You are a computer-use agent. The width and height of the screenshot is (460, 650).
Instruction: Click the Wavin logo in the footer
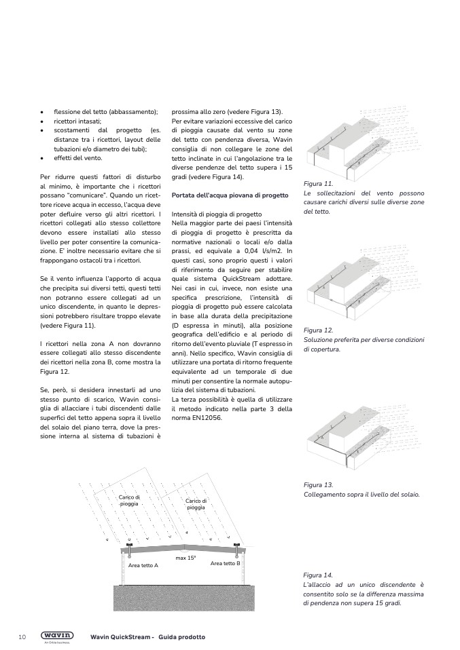[x=58, y=636]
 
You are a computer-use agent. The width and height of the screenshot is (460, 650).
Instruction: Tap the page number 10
[x=22, y=637]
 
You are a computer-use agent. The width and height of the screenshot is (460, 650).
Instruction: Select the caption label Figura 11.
[x=318, y=184]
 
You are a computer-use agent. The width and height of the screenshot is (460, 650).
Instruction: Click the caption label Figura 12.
[x=318, y=330]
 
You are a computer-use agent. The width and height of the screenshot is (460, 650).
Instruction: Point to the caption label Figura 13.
[x=318, y=485]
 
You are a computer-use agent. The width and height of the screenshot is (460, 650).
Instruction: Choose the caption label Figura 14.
[x=318, y=575]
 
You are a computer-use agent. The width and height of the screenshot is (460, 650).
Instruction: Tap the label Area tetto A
[x=143, y=565]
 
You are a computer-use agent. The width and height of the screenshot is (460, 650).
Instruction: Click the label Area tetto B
[x=225, y=563]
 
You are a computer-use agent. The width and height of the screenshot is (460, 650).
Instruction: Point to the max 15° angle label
[x=185, y=558]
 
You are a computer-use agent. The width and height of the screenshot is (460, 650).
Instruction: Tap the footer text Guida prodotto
[x=182, y=637]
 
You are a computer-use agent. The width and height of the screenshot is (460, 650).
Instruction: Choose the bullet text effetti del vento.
[x=78, y=158]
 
